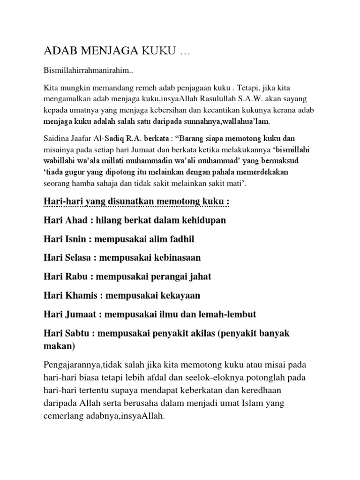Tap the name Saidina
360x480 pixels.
[59, 138]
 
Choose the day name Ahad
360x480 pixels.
[74, 220]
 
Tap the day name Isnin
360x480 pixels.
[75, 239]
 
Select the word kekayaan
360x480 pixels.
[176, 295]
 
